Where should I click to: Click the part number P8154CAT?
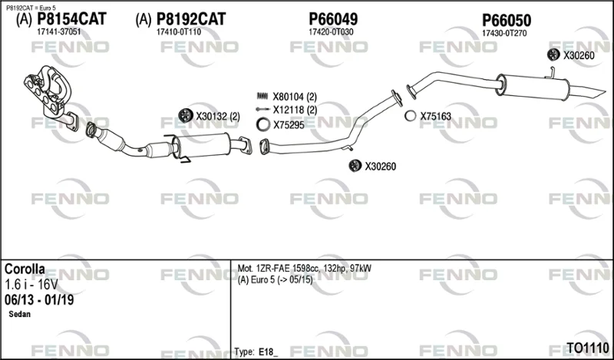pyautogui.click(x=71, y=18)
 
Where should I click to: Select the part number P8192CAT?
pyautogui.click(x=191, y=18)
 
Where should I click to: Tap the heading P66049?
pyautogui.click(x=333, y=18)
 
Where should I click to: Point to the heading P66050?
pyautogui.click(x=507, y=21)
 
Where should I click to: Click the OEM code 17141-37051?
pyautogui.click(x=59, y=32)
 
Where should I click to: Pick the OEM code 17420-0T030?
pyautogui.click(x=331, y=32)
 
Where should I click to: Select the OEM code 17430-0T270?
pyautogui.click(x=504, y=34)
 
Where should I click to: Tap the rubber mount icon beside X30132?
pyautogui.click(x=186, y=116)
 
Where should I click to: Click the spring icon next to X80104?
pyautogui.click(x=262, y=96)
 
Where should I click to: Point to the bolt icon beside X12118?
pyautogui.click(x=262, y=109)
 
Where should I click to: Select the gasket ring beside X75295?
pyautogui.click(x=263, y=124)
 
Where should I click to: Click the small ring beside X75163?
pyautogui.click(x=411, y=116)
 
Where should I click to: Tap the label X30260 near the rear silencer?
pyautogui.click(x=579, y=55)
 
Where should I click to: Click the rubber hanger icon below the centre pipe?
pyautogui.click(x=355, y=166)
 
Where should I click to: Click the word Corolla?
pyautogui.click(x=25, y=269)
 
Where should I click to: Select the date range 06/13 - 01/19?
pyautogui.click(x=39, y=300)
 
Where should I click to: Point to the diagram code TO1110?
pyautogui.click(x=588, y=348)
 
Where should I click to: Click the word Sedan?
pyautogui.click(x=20, y=314)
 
